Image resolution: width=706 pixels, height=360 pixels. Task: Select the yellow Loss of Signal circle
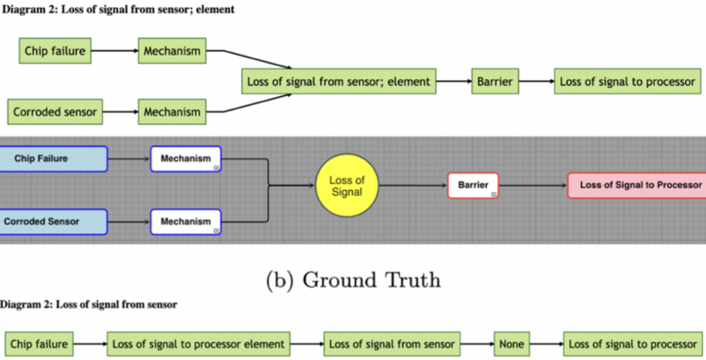[346, 186]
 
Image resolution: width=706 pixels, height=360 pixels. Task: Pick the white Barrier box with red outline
[473, 186]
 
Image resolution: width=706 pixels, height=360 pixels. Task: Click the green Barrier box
[495, 81]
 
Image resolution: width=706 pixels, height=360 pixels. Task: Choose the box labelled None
[512, 343]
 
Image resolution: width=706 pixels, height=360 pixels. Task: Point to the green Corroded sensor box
[55, 112]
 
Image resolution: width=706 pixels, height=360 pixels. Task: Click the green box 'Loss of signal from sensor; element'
[338, 81]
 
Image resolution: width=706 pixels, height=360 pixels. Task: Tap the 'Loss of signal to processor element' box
[199, 343]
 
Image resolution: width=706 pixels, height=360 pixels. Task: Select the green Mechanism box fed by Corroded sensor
[172, 112]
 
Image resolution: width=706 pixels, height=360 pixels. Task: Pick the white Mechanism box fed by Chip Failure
[185, 159]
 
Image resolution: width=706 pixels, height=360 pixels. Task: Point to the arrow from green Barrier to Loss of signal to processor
[536, 81]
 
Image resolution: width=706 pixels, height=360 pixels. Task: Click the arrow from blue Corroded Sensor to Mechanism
[129, 222]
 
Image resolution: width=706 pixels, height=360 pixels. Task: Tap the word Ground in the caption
[339, 281]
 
